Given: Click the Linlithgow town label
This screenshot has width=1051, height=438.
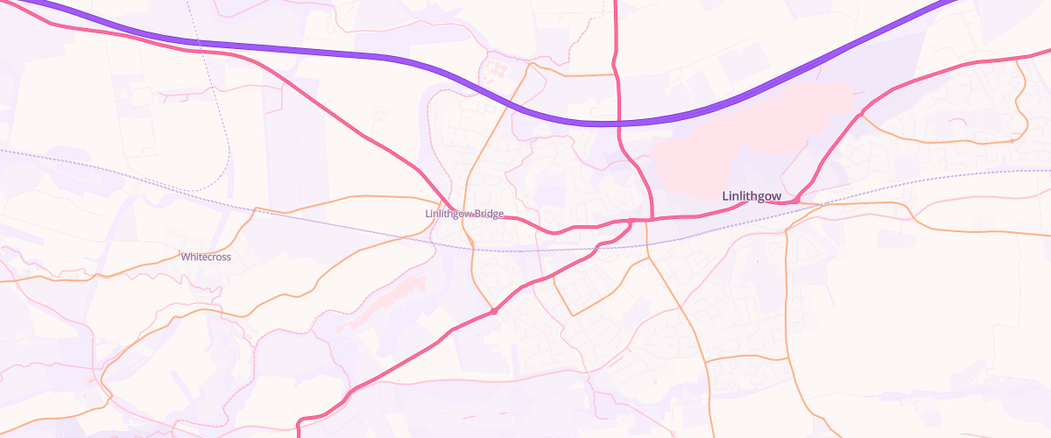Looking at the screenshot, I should click(x=751, y=196).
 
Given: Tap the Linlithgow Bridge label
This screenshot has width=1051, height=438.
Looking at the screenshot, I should click(x=464, y=214).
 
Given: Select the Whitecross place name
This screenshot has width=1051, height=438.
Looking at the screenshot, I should click(x=206, y=257).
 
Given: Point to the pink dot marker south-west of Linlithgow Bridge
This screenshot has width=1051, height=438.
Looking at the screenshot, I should click(x=494, y=311).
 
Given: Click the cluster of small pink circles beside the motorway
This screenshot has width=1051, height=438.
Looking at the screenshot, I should click(x=497, y=67).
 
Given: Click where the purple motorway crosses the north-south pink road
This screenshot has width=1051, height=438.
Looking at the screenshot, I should click(x=617, y=124).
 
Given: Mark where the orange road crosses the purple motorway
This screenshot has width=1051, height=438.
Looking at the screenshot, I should click(x=511, y=104).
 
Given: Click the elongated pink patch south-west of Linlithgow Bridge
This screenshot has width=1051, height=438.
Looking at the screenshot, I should click(x=385, y=302).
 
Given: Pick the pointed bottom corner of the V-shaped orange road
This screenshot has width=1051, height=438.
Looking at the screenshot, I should click(x=574, y=314).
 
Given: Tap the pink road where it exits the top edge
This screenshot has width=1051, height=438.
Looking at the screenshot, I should click(x=617, y=4).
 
